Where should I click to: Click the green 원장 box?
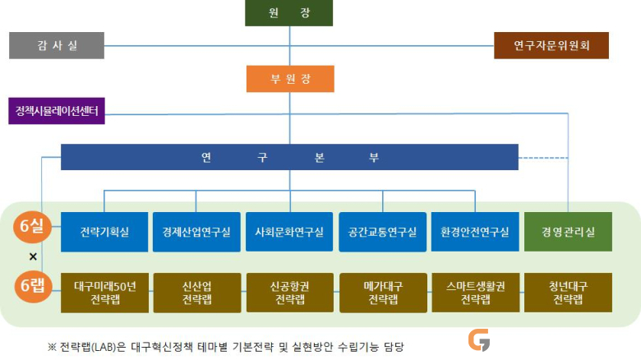288,12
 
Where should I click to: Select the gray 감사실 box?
57,45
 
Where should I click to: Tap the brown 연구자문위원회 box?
551,45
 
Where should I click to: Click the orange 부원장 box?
290,79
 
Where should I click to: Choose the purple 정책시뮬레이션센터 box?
57,111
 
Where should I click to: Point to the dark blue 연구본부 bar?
289,157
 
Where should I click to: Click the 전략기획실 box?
104,232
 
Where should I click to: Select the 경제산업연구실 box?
196,232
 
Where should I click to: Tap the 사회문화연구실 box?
289,232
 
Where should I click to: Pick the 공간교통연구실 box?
383,232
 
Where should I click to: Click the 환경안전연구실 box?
475,232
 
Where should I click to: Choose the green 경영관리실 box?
568,232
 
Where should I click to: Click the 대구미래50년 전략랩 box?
104,293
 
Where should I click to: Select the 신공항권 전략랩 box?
290,293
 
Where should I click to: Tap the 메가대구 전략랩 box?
383,293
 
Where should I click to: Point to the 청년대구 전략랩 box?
568,293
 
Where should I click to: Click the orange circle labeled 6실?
32,225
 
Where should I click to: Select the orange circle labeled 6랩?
33,285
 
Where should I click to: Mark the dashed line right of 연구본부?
543,158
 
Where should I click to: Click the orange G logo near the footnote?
479,340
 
